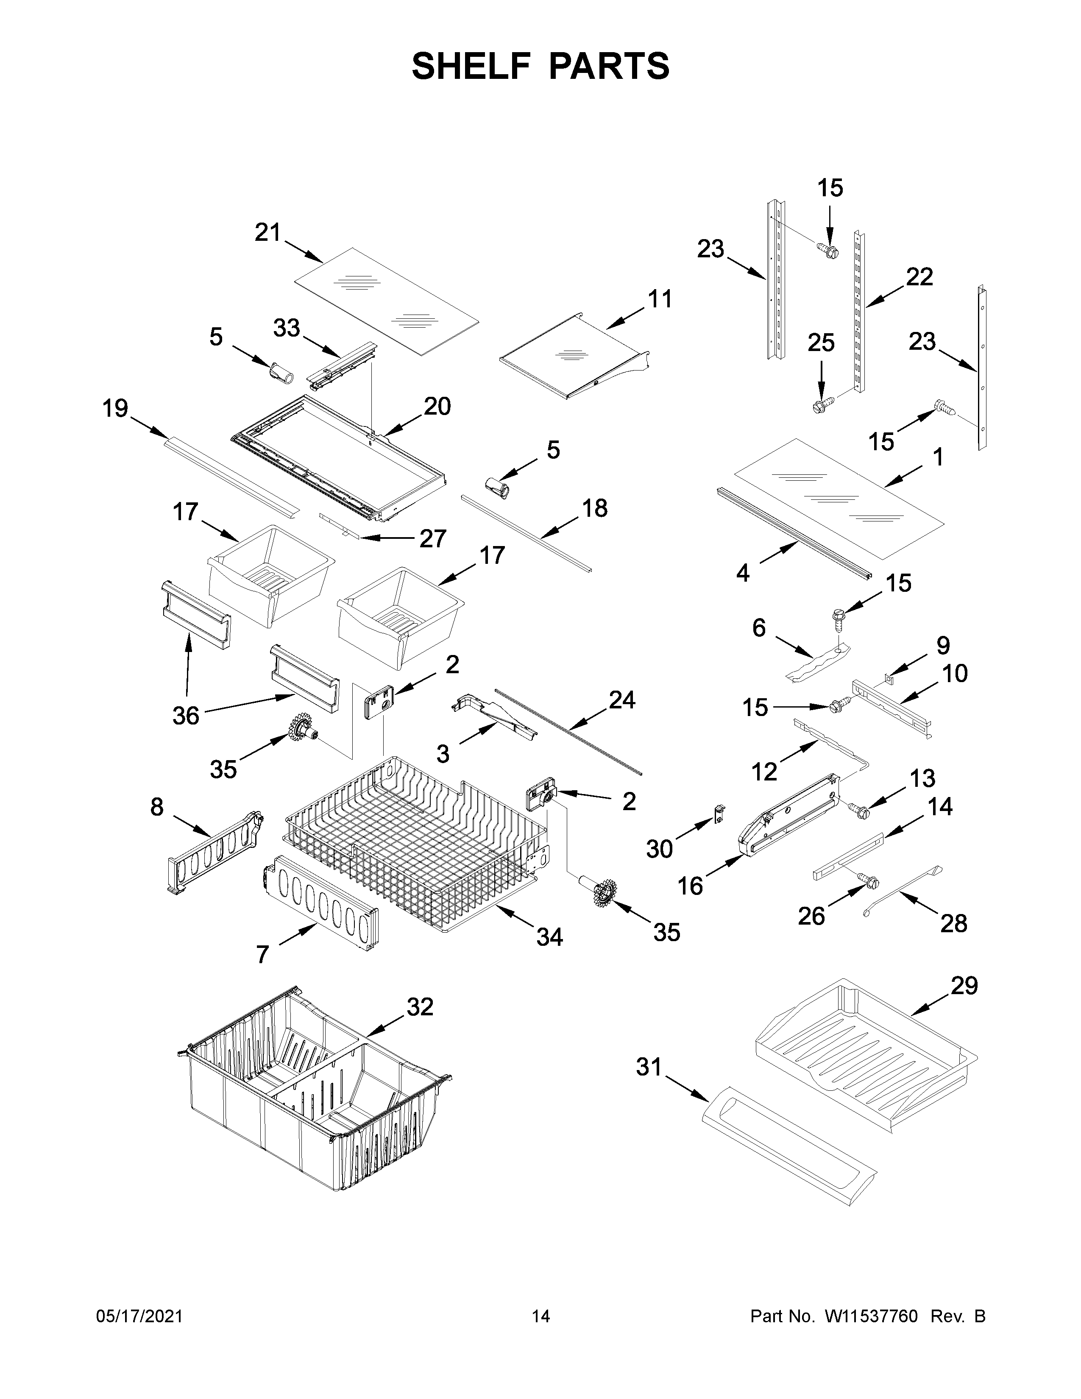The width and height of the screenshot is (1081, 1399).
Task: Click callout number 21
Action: click(x=267, y=232)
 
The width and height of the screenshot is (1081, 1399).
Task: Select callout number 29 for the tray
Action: click(x=964, y=986)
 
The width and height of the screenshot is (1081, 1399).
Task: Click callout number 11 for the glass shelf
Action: click(x=660, y=298)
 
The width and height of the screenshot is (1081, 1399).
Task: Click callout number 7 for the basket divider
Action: click(x=262, y=973)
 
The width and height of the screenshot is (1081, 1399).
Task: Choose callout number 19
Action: click(x=116, y=408)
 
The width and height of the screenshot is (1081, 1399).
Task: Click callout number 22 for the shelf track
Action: click(x=919, y=277)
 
